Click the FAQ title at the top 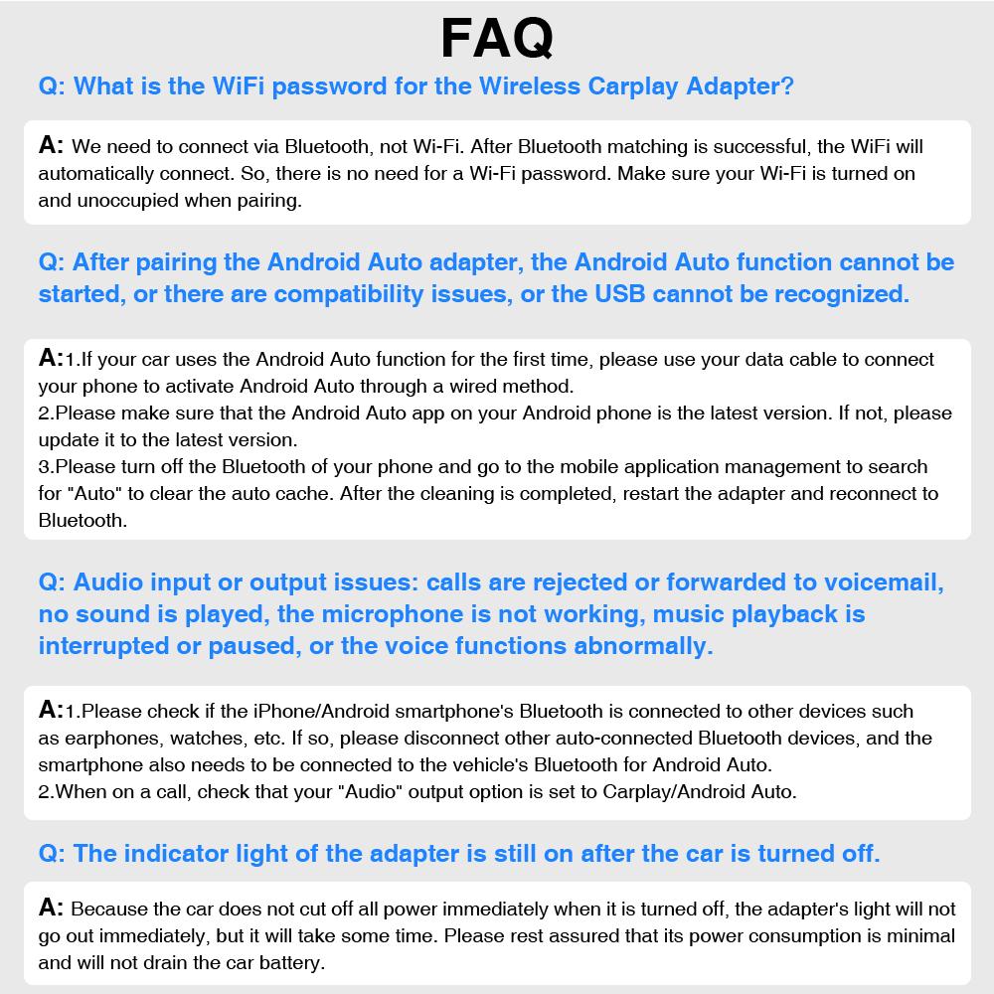496,38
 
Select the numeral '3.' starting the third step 46,466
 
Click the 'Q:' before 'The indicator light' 53,853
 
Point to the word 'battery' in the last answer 289,962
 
